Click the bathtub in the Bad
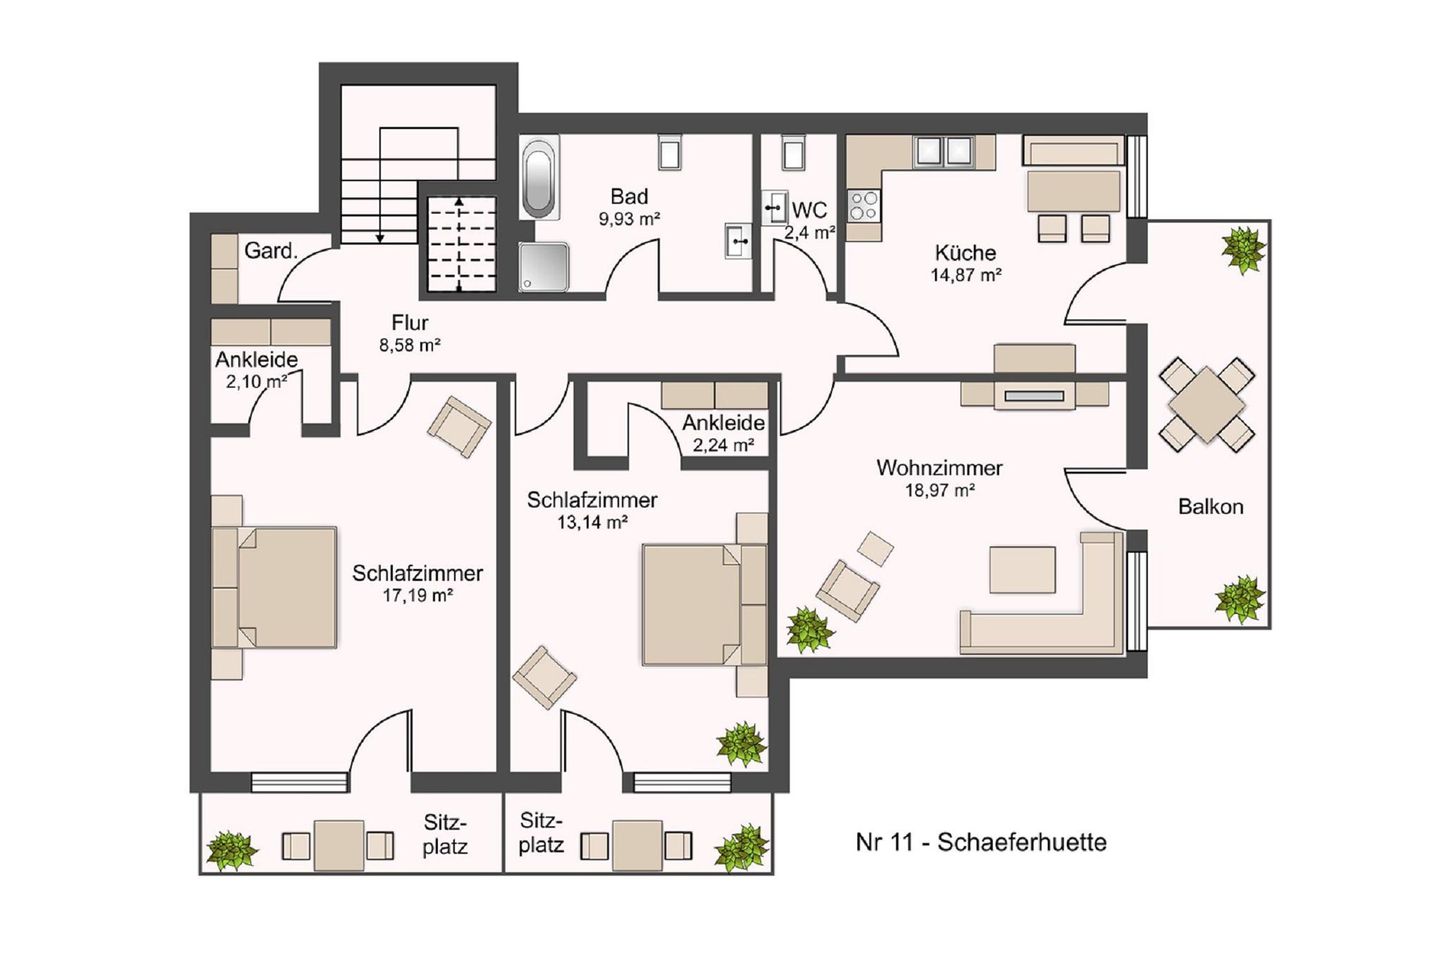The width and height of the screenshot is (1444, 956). click(x=539, y=177)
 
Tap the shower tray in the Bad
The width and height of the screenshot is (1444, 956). click(x=544, y=266)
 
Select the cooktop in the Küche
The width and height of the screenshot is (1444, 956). click(x=864, y=205)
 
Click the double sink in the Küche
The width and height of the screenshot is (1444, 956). click(x=944, y=152)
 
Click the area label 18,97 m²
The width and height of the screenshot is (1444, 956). click(x=940, y=490)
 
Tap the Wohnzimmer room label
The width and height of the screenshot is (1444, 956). click(x=939, y=467)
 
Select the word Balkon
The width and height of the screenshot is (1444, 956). click(x=1211, y=506)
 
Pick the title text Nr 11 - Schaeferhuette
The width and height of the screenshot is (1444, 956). click(x=981, y=842)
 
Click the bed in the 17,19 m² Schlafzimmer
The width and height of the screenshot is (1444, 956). click(x=274, y=587)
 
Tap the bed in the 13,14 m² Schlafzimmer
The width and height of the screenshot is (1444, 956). click(x=704, y=604)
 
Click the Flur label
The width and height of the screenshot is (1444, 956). click(x=410, y=323)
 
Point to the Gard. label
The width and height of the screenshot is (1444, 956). click(x=271, y=250)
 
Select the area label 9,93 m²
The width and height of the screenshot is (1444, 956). click(x=630, y=219)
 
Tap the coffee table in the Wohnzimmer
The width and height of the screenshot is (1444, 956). click(x=1022, y=570)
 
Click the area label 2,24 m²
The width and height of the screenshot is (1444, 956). click(x=723, y=445)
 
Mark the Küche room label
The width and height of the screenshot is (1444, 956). click(x=965, y=252)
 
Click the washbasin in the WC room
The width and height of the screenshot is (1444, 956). click(x=774, y=207)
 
